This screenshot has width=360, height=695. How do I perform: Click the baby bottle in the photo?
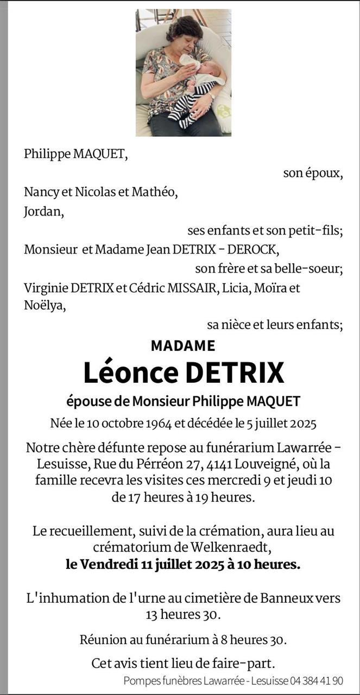tap(190, 61)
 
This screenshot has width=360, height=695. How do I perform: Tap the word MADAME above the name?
tap(183, 345)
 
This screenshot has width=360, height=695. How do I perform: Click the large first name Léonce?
tap(130, 372)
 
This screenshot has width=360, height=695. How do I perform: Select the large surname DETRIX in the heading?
tap(235, 372)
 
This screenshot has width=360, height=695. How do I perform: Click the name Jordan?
tap(44, 211)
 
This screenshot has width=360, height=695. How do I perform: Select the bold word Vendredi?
tap(109, 565)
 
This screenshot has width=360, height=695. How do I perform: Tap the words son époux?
tap(313, 173)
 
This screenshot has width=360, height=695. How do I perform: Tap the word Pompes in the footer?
tap(139, 680)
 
